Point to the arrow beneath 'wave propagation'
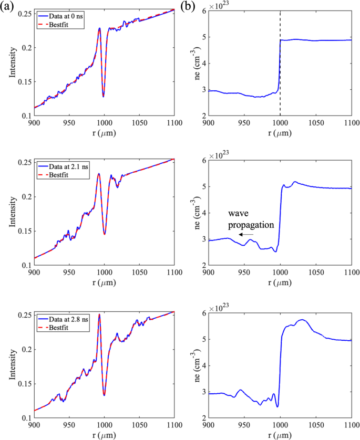pos(245,235)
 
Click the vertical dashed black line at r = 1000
pos(280,79)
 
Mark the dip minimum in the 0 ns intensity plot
pos(104,97)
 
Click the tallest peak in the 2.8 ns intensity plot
pos(99,315)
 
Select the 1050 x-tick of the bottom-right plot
pos(315,425)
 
